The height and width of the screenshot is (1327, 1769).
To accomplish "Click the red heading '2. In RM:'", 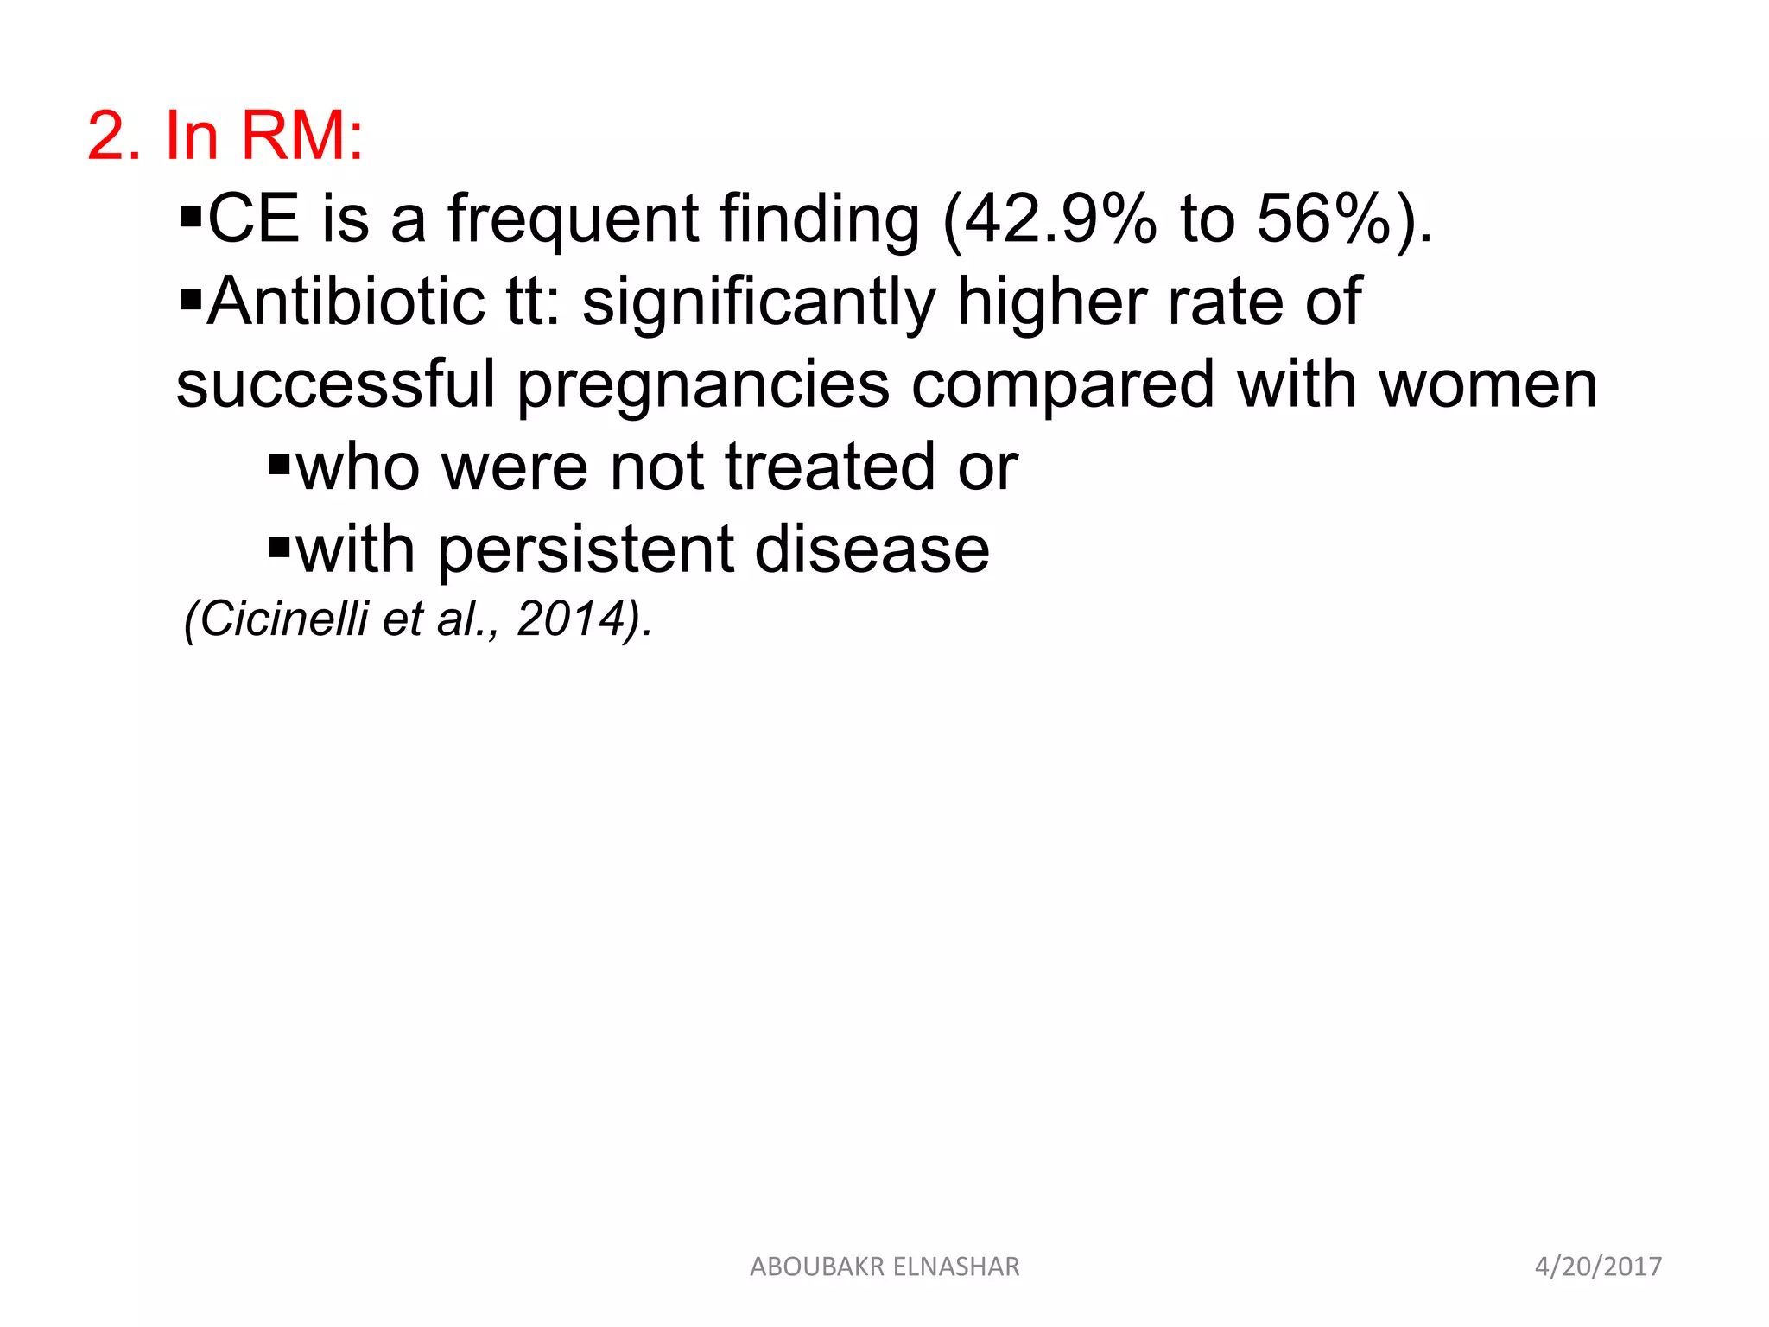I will [225, 136].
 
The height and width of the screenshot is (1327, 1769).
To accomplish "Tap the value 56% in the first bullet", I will [1322, 219].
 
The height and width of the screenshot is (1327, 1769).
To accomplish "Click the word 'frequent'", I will [573, 219].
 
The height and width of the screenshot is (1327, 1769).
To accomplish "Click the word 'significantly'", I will [758, 302].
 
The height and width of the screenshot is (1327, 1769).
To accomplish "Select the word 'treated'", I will [830, 467].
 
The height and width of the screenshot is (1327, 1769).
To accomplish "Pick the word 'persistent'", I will [585, 550].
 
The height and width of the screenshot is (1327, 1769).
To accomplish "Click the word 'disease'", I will [872, 550].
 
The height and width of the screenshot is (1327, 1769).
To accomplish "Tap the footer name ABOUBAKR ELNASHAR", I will [884, 1267].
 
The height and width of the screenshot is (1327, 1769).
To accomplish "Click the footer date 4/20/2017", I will [1598, 1267].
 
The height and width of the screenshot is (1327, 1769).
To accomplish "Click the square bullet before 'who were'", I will [278, 466].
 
